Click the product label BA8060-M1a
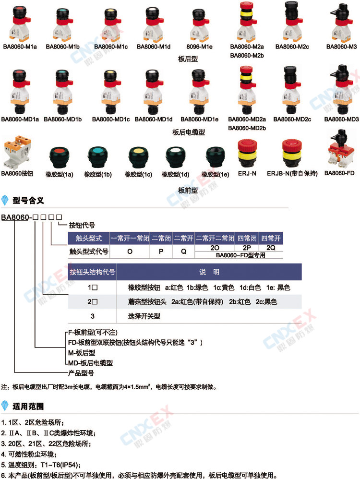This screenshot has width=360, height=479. click(x=20, y=47)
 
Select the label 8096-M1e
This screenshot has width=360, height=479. click(x=199, y=47)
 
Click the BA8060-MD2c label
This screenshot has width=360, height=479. click(x=292, y=120)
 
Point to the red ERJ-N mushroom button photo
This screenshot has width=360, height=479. click(x=247, y=154)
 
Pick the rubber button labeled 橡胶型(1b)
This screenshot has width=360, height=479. click(x=98, y=157)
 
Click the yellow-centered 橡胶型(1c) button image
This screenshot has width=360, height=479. click(x=138, y=157)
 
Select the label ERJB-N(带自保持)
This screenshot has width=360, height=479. click(x=292, y=174)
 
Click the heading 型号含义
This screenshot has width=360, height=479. click(x=28, y=201)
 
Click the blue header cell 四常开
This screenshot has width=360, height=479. click(x=271, y=238)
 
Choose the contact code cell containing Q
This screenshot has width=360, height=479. click(x=183, y=251)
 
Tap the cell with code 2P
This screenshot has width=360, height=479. click(x=247, y=248)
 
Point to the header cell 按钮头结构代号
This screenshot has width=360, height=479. click(x=92, y=272)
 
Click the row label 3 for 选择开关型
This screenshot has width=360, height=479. click(x=92, y=316)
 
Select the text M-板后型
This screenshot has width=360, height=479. click(x=82, y=353)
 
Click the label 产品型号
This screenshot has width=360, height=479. click(x=81, y=373)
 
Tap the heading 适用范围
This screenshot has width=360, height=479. click(x=28, y=406)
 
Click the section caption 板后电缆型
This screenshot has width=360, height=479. click(x=189, y=132)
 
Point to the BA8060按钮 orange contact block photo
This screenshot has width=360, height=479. click(x=17, y=152)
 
